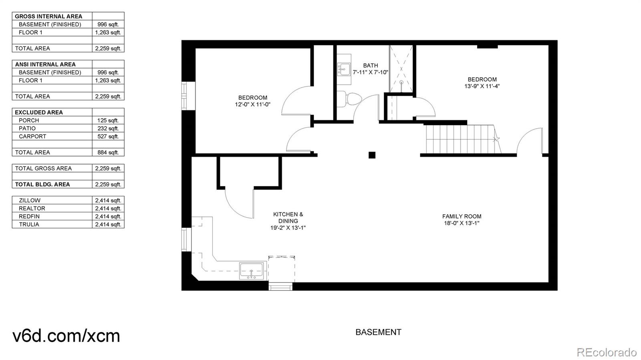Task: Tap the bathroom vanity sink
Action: pyautogui.click(x=344, y=69)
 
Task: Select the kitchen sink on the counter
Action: pyautogui.click(x=252, y=271)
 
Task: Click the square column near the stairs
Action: pyautogui.click(x=372, y=155)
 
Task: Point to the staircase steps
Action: pyautogui.click(x=461, y=139)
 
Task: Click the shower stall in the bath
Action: pyautogui.click(x=401, y=69)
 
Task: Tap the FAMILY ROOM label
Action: pyautogui.click(x=462, y=216)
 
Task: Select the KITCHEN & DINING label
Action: pyautogui.click(x=288, y=217)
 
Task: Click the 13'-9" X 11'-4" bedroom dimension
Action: pyautogui.click(x=482, y=86)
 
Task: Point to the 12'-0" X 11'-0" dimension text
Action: pyautogui.click(x=253, y=105)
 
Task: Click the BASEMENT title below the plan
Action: pyautogui.click(x=378, y=332)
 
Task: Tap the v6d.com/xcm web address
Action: pyautogui.click(x=67, y=336)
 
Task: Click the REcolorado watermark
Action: pyautogui.click(x=606, y=352)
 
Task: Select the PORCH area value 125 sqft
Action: pyautogui.click(x=108, y=120)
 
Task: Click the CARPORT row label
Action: pyautogui.click(x=32, y=136)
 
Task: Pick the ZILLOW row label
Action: pyautogui.click(x=30, y=200)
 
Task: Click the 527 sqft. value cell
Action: pyautogui.click(x=108, y=136)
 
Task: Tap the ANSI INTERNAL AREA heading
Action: pyautogui.click(x=45, y=64)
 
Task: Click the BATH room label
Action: pyautogui.click(x=370, y=65)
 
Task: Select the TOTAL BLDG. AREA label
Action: pyautogui.click(x=42, y=184)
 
